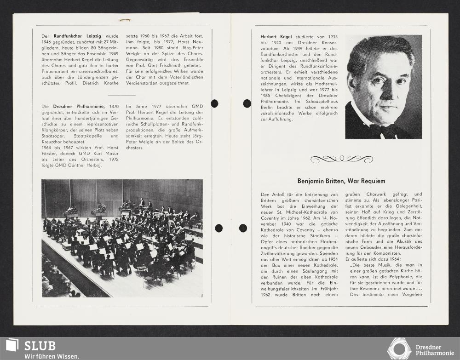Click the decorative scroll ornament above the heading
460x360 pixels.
pyautogui.click(x=341, y=159)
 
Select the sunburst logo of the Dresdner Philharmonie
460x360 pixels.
pyautogui.click(x=398, y=348)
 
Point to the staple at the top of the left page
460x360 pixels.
pyautogui.click(x=124, y=20)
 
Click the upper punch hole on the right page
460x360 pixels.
pyautogui.click(x=247, y=103)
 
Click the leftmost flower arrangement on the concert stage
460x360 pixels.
pyautogui.click(x=71, y=211)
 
